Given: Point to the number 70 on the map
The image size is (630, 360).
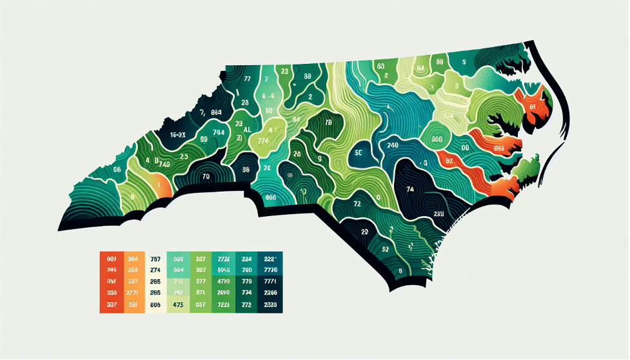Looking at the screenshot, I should click(206, 175).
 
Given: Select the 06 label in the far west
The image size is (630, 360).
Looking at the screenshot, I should click(117, 170).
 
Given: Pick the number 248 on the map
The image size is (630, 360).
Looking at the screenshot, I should click(391, 145).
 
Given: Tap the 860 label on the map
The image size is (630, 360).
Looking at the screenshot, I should click(436, 139).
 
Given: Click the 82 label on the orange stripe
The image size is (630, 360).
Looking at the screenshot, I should click(449, 160).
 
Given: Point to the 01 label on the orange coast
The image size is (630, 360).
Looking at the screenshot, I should click(533, 106).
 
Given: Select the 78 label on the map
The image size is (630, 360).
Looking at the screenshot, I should click(328, 123).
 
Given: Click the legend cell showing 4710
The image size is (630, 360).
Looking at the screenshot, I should click(224, 281).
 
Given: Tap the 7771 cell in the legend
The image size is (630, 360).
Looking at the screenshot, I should click(270, 281).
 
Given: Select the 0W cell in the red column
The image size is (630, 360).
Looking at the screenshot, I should click(112, 281).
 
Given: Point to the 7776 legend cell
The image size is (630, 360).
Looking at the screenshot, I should click(270, 270).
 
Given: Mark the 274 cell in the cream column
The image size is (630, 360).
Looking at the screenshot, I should click(155, 270).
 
